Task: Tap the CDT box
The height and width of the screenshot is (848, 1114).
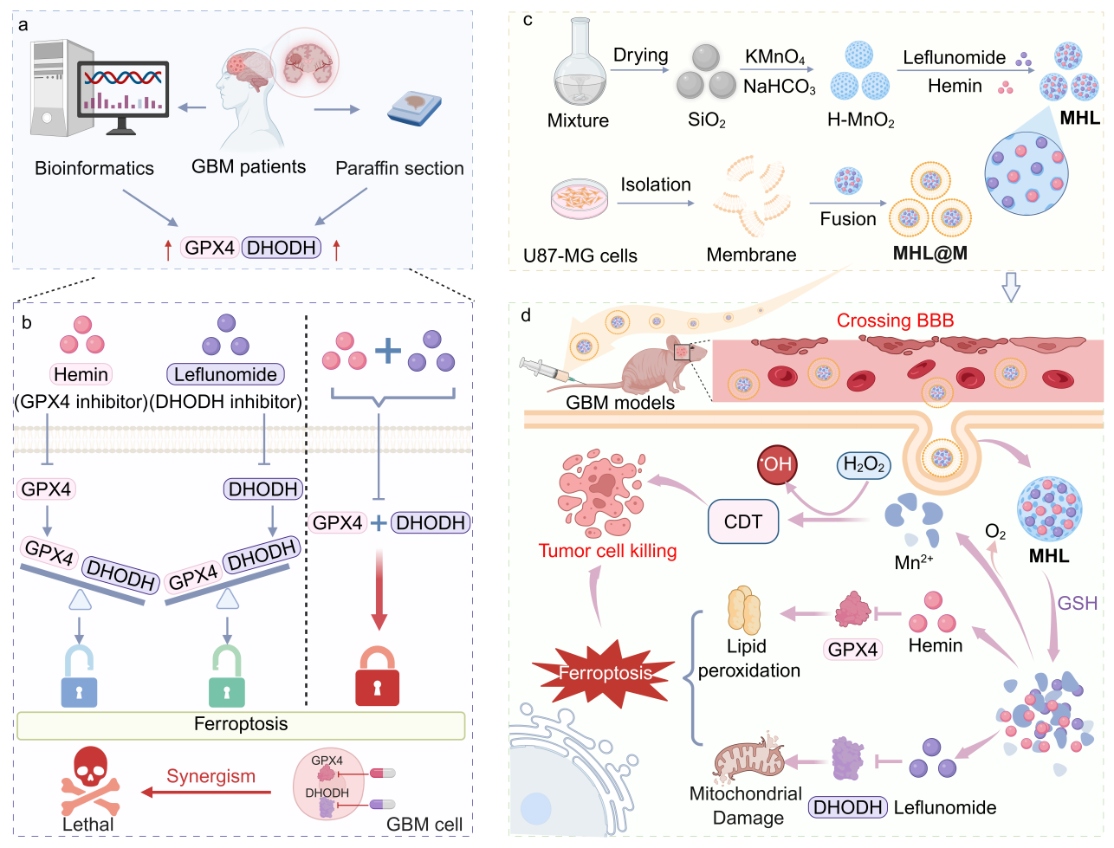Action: (x=743, y=521)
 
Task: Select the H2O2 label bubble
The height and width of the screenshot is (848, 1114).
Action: (x=864, y=465)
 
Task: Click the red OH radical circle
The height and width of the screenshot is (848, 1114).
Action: (x=776, y=464)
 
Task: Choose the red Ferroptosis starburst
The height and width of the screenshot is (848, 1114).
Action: (x=605, y=672)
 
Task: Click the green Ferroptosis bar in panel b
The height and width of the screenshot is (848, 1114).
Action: (x=241, y=725)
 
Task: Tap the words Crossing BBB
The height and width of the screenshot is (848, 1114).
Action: (x=895, y=320)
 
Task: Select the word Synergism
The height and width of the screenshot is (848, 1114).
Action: (x=210, y=776)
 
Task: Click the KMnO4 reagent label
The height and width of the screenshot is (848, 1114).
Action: (x=774, y=57)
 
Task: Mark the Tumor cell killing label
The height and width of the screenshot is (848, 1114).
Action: (x=607, y=551)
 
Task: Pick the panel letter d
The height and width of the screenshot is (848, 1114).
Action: (x=526, y=315)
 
